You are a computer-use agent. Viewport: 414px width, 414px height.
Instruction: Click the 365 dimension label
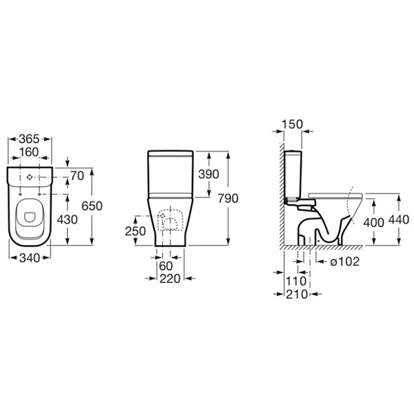[29, 139]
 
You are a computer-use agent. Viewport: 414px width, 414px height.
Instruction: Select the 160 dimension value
[29, 152]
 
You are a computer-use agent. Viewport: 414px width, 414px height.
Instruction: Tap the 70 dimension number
[77, 176]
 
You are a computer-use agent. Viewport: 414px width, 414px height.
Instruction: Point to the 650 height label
[92, 206]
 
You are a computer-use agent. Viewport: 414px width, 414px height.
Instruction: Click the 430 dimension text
[68, 219]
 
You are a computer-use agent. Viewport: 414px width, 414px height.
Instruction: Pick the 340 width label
[30, 258]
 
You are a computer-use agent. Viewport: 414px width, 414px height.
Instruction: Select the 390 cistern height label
[208, 175]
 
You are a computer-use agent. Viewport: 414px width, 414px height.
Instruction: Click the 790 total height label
[228, 199]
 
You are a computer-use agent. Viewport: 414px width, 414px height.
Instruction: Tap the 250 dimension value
[135, 231]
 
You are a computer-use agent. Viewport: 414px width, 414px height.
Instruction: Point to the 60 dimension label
[166, 266]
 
